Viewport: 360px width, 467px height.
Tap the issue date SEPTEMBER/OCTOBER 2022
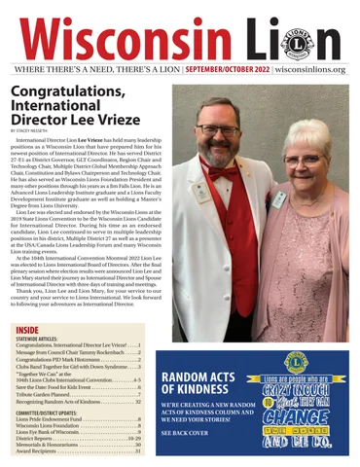[x=226, y=70]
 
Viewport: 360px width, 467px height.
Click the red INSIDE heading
[x=27, y=330]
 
